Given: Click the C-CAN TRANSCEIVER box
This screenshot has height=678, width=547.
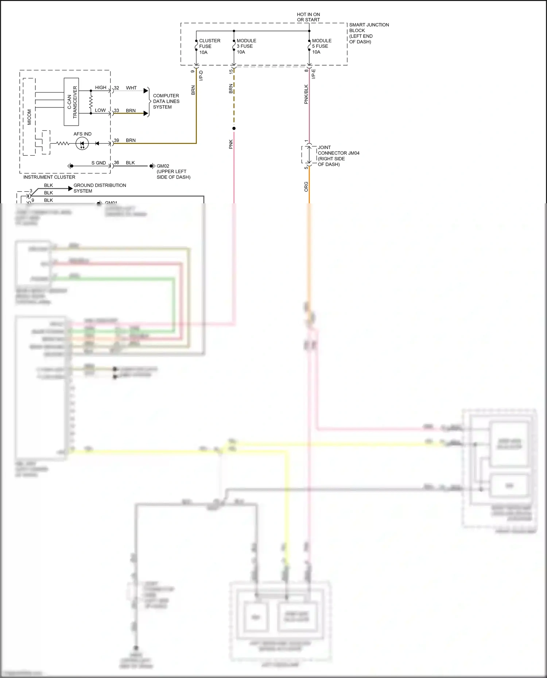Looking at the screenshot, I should [x=71, y=102].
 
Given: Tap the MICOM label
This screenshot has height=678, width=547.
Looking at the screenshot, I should [x=29, y=117].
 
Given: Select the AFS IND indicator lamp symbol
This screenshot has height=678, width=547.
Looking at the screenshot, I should [x=82, y=144].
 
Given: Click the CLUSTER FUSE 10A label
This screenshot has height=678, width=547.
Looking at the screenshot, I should [x=209, y=46].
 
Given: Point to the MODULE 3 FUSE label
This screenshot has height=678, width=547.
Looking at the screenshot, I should [x=246, y=43].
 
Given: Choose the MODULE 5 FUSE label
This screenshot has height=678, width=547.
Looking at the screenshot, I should [x=322, y=43].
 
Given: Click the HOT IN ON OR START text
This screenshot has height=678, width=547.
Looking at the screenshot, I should [x=308, y=17].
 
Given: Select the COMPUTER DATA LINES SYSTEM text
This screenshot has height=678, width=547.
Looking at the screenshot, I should [x=166, y=101].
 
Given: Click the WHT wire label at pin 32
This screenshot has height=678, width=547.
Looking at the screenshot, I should [x=131, y=88].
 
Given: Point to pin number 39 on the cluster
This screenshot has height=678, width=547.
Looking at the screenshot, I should [x=116, y=140].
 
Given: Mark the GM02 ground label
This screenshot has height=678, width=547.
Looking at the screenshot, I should [x=163, y=166].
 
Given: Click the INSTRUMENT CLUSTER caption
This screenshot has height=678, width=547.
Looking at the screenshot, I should [x=49, y=177].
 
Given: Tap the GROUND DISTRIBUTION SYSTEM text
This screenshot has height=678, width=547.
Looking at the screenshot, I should [x=100, y=188].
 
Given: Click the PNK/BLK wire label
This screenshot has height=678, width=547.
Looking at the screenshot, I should [x=306, y=94].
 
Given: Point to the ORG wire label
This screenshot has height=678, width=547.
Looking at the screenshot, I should [x=306, y=187].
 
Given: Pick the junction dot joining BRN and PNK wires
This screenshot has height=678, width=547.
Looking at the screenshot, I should [x=234, y=128].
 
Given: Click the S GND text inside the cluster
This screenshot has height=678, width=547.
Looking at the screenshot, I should [x=98, y=163].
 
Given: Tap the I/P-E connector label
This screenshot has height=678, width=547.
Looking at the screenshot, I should [x=313, y=74].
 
